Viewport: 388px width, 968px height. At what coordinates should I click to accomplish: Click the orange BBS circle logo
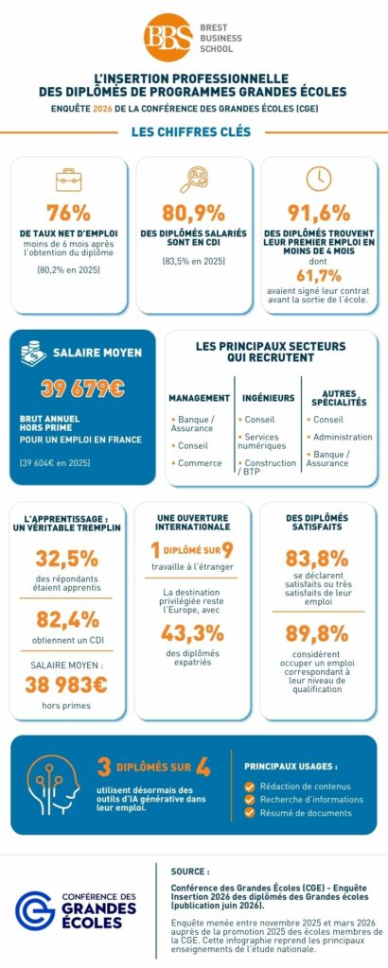coord(168,37)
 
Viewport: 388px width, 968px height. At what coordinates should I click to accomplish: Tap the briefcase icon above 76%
coord(68,180)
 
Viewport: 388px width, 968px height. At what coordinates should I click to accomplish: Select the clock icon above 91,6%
coord(319,179)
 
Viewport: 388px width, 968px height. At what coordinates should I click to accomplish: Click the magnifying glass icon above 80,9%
coord(193,180)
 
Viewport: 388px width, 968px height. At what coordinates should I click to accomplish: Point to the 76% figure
coord(68,213)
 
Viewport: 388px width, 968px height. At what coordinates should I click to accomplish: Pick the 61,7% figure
coord(319,275)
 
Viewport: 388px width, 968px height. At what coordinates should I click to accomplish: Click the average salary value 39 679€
coord(82,389)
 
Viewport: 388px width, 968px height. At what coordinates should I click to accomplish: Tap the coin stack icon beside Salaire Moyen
coord(33,354)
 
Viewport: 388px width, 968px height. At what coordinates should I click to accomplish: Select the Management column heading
coord(199,398)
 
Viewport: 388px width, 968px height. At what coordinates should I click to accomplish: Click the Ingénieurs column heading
coord(269,398)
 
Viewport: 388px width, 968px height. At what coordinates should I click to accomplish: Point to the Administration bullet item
coord(340,437)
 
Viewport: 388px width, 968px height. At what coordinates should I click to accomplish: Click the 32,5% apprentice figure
coord(67,558)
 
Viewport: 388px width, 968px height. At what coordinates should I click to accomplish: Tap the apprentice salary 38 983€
coord(66,684)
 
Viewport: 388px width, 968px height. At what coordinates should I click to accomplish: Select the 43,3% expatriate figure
coord(192,633)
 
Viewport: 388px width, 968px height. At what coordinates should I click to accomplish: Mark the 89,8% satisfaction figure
coord(317,633)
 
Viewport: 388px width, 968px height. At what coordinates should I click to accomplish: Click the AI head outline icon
coord(53,784)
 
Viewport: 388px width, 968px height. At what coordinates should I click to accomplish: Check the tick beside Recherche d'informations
coord(250,800)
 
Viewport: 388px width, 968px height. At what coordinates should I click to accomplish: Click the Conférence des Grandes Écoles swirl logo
coord(35,910)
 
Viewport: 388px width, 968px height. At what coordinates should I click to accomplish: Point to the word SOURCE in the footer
coord(190,872)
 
